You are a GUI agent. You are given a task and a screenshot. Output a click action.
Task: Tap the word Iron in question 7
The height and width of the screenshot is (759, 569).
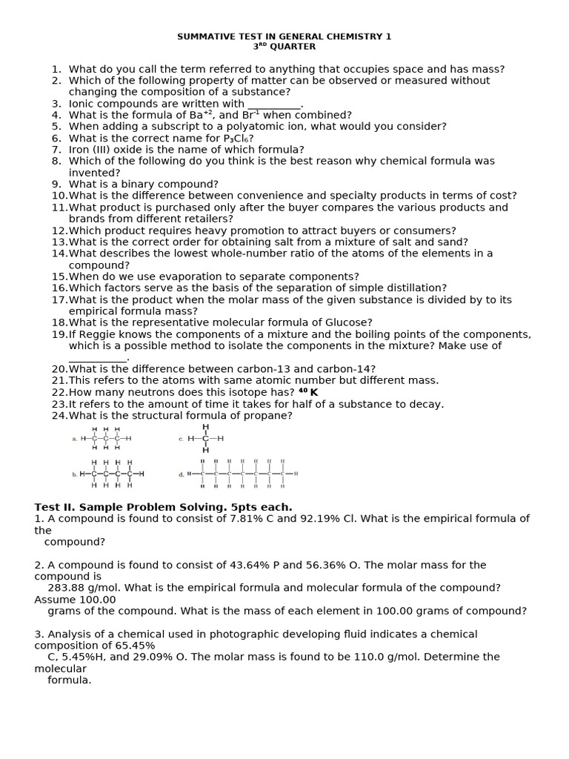pos(81,150)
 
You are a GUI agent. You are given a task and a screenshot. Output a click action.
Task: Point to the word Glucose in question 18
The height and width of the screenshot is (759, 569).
pos(348,323)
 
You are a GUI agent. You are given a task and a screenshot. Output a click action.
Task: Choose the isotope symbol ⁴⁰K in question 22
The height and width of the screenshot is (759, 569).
pos(308,392)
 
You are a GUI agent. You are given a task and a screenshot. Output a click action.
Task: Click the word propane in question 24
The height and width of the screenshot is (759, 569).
pos(271,416)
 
